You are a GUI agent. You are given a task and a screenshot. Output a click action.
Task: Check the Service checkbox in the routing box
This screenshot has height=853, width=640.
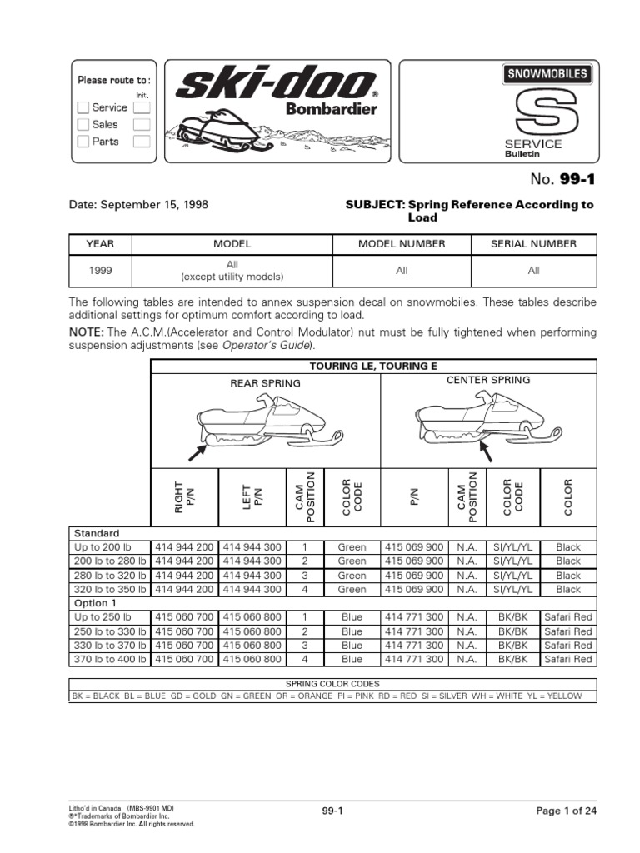[x=82, y=107]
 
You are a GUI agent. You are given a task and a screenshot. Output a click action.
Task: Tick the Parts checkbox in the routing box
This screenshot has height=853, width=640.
[x=82, y=142]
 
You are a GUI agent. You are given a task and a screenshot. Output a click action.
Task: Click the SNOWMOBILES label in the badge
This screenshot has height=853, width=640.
[x=547, y=73]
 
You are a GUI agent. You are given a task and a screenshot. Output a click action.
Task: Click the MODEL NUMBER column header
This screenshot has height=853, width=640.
[x=402, y=244]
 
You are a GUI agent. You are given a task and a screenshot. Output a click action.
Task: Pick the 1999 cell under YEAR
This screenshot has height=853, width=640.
[x=98, y=270]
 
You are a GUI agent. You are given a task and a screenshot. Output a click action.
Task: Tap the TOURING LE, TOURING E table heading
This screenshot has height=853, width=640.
[x=372, y=366]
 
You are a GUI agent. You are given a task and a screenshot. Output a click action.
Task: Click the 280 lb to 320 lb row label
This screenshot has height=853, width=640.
[x=109, y=576]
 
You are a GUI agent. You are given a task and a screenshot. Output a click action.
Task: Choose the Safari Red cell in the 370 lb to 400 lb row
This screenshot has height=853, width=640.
[x=567, y=659]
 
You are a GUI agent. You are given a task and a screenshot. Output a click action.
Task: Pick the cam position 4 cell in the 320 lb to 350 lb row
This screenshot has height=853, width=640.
[x=306, y=590]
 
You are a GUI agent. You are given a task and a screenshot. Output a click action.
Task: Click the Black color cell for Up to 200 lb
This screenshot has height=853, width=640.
[x=567, y=548]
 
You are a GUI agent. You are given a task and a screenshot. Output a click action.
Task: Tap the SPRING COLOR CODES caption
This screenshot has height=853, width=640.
[x=332, y=684]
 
